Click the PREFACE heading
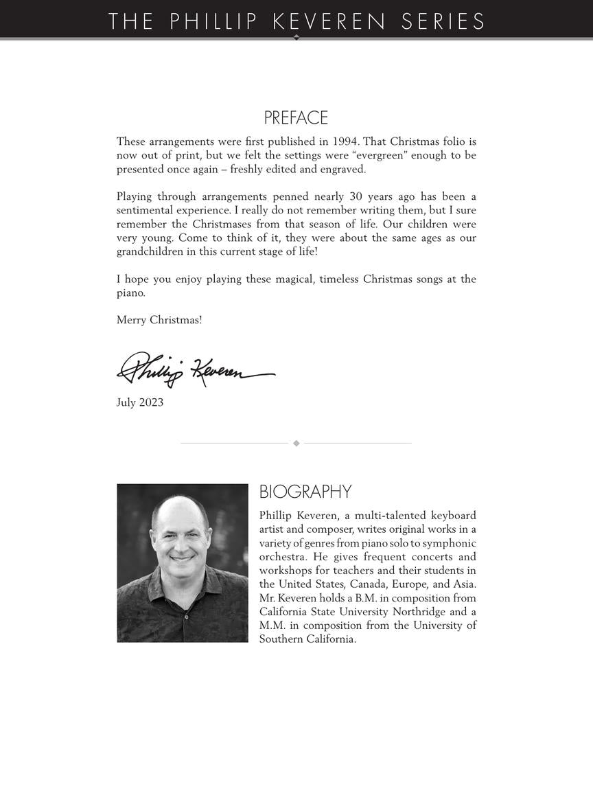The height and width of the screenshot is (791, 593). click(296, 118)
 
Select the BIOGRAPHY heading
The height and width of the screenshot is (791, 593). click(305, 492)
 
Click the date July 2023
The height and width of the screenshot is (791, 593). click(140, 402)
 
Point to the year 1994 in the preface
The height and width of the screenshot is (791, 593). click(345, 141)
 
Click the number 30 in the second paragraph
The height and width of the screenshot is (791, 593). click(356, 196)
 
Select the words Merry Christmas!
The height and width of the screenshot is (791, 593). click(159, 320)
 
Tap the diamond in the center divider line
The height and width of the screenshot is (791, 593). click(296, 444)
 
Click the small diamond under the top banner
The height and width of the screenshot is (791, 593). click(296, 37)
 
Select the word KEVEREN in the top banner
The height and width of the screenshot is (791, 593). click(329, 21)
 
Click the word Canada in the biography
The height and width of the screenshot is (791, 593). click(368, 584)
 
